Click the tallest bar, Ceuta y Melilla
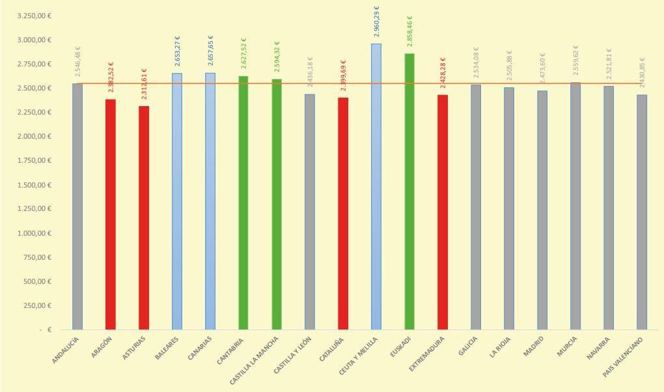376,189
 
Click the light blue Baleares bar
177,202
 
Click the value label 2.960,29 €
377,21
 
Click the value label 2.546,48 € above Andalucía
78,62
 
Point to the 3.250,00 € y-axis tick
35,16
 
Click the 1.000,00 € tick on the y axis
35,233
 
